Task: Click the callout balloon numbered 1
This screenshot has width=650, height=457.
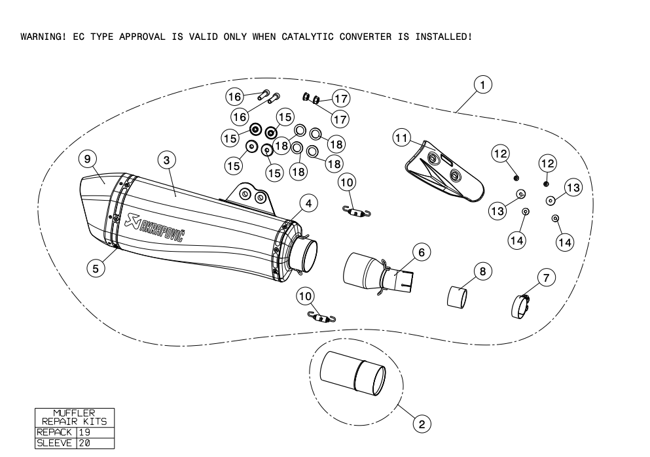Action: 482,84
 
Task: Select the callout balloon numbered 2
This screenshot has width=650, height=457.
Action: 422,424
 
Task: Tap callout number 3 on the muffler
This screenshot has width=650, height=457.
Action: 167,159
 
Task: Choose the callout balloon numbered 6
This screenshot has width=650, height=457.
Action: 422,251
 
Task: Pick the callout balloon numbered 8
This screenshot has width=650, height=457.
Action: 482,270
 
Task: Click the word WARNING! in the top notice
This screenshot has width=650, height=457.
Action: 43,37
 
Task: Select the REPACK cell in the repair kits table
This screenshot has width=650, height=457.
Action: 55,432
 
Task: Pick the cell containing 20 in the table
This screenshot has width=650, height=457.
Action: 84,442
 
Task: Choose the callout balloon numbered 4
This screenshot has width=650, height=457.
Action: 309,203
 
